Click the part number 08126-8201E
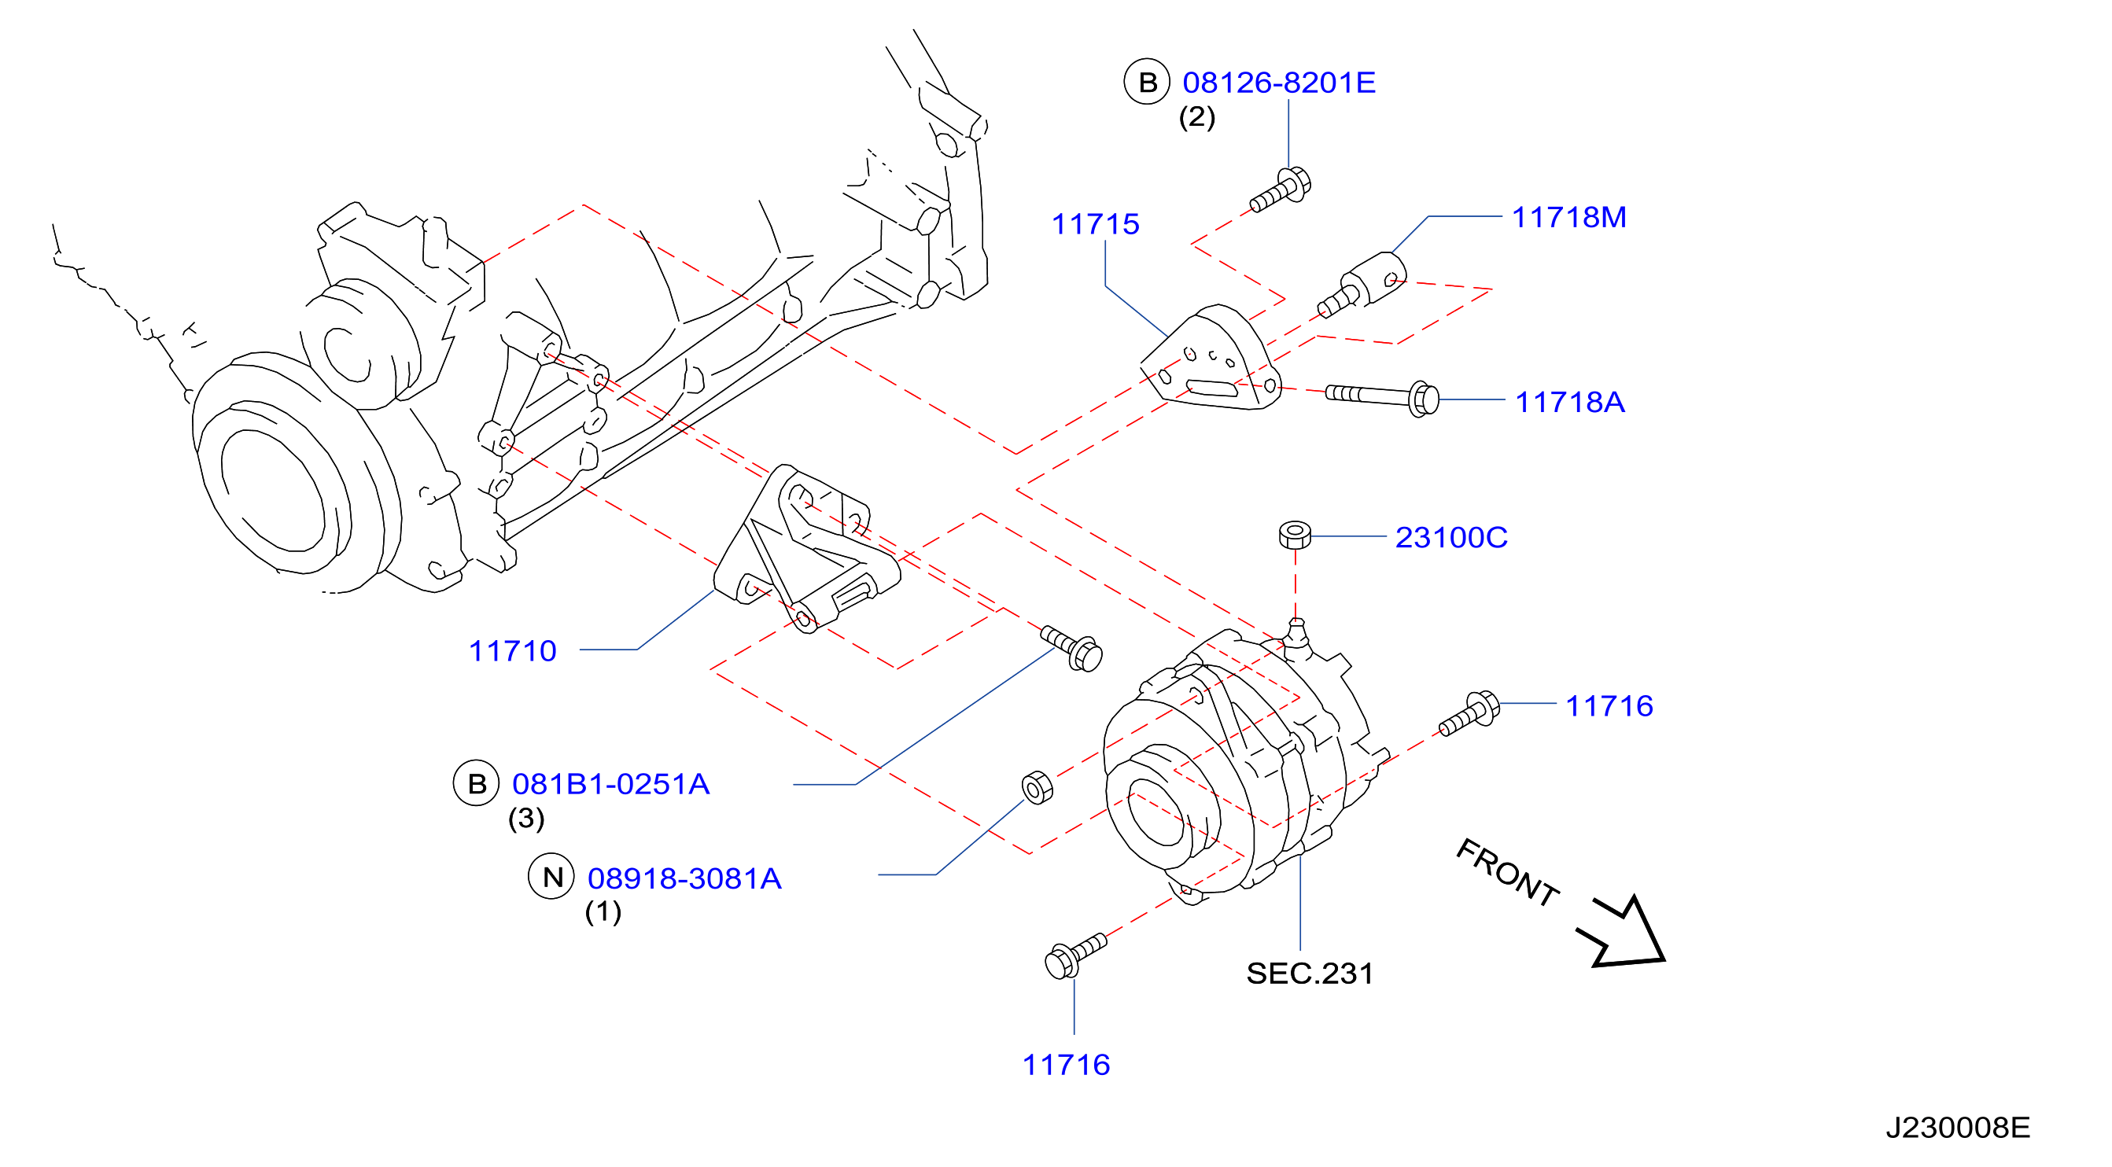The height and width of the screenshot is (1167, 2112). pos(1279,83)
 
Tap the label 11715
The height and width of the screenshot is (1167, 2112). pos(1096,224)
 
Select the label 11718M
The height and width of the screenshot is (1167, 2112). pos(1569,217)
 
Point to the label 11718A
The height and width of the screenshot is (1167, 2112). pos(1570,403)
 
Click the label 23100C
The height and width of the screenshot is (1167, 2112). pos(1451,538)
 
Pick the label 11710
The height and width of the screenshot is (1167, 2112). pos(512,651)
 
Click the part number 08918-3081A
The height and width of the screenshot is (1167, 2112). pos(684,878)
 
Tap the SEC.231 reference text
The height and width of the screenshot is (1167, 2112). pos(1310,974)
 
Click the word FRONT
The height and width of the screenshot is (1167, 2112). pos(1507,874)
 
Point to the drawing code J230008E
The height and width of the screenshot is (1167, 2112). pos(1958,1128)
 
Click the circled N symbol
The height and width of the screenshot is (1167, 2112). pos(551,877)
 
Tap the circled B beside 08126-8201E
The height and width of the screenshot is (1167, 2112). pos(1147,82)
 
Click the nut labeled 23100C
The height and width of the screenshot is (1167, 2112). pos(1296,534)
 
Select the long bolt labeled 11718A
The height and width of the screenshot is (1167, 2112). pos(1382,398)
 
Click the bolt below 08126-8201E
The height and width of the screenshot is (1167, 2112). pos(1280,190)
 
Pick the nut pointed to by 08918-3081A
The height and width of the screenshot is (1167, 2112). pos(1038,787)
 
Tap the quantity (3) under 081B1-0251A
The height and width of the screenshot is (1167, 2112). pos(526,819)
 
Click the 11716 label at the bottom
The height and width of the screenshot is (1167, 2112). pos(1066,1066)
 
